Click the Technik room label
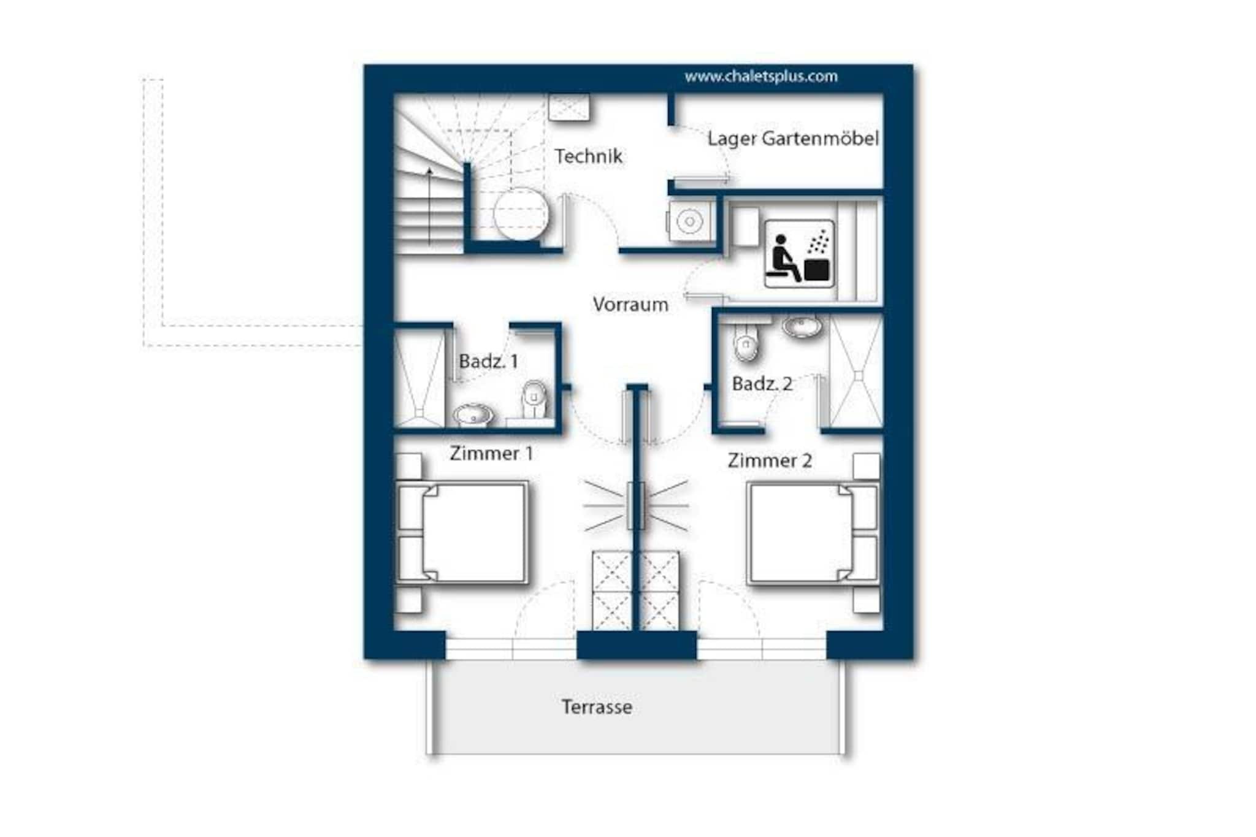588,156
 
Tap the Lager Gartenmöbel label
793,139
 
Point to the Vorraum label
630,305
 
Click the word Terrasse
597,707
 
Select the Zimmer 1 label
491,454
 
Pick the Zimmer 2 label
770,461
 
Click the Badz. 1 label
488,361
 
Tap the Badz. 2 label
762,384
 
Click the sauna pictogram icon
799,253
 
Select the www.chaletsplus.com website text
761,77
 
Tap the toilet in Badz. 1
534,400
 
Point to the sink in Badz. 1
473,415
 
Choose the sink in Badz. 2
802,327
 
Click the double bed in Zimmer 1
463,532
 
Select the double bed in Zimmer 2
813,532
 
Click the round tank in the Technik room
521,213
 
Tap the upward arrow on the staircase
429,205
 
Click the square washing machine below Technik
690,221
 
